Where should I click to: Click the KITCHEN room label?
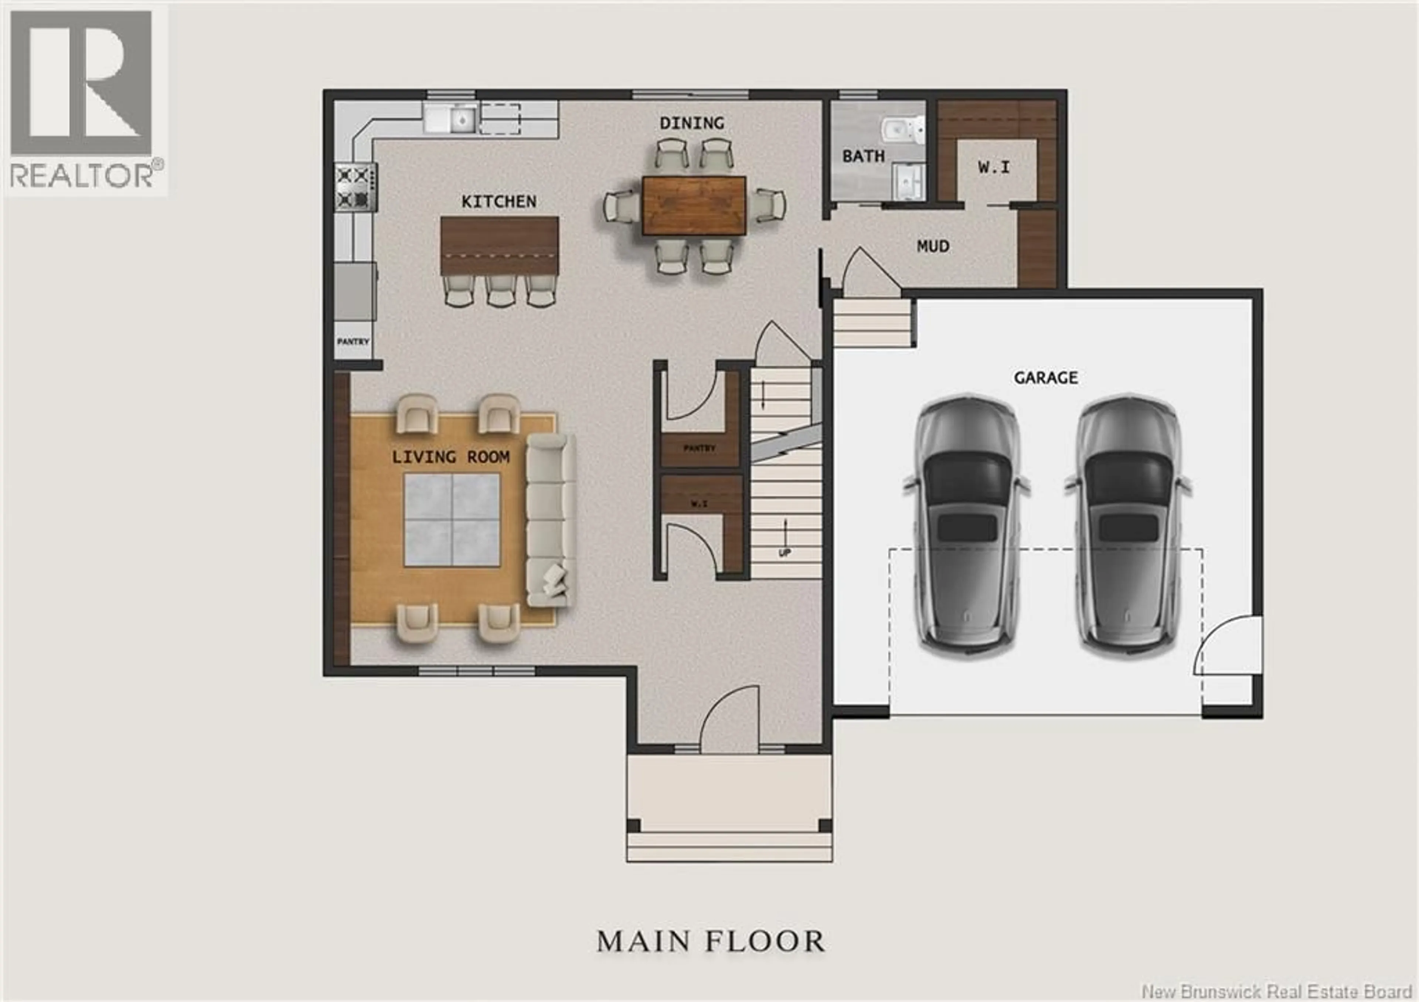499,201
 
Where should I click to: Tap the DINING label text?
691,123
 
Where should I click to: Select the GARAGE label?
1046,378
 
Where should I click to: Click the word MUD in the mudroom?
933,247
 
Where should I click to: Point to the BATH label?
863,156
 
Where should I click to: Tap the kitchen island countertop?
499,245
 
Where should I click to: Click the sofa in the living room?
550,519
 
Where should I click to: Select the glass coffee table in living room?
452,520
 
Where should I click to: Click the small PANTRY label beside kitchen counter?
353,341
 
